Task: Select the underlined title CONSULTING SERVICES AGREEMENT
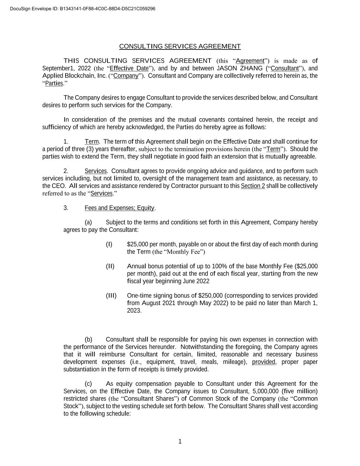[180, 46]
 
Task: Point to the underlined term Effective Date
[129, 68]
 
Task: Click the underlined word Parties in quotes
[54, 83]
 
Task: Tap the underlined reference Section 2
[253, 186]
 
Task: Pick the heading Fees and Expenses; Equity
[119, 208]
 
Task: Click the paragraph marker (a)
[88, 223]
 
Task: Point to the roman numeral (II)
[110, 266]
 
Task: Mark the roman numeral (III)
[111, 296]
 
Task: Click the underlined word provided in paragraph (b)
[263, 362]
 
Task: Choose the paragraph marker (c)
[88, 384]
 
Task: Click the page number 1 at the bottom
[180, 442]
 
